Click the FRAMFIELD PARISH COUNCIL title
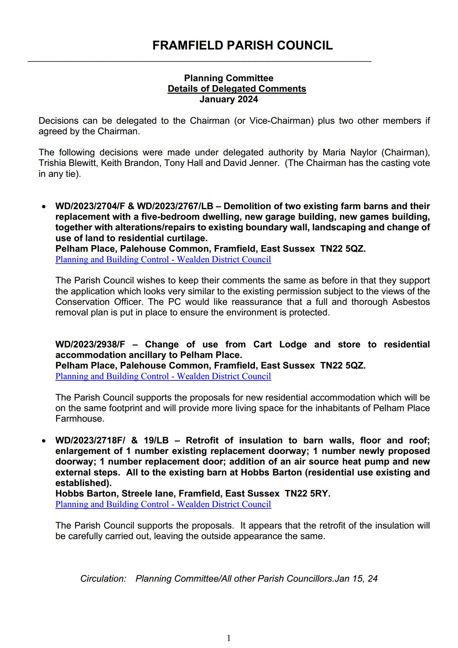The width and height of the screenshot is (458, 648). [x=242, y=45]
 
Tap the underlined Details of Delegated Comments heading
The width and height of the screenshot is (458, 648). [x=237, y=89]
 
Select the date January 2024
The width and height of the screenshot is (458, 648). [x=229, y=99]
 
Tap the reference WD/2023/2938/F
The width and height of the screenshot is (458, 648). [x=90, y=344]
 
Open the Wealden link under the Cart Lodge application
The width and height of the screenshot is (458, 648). [x=163, y=376]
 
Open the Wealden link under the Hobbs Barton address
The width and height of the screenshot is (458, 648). [x=163, y=504]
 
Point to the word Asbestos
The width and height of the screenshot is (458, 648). [x=411, y=302]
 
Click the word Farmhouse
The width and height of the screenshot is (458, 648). [x=80, y=419]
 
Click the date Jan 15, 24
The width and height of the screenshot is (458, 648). [x=356, y=579]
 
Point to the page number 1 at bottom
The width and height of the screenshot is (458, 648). [x=229, y=638]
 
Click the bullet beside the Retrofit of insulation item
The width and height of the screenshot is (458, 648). [x=44, y=441]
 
